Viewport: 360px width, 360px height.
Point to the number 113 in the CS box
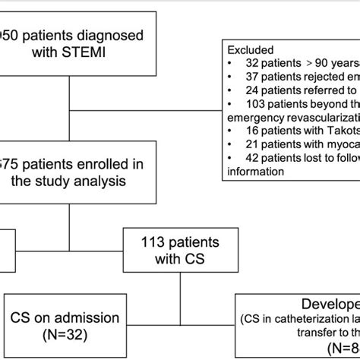[150, 245]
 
